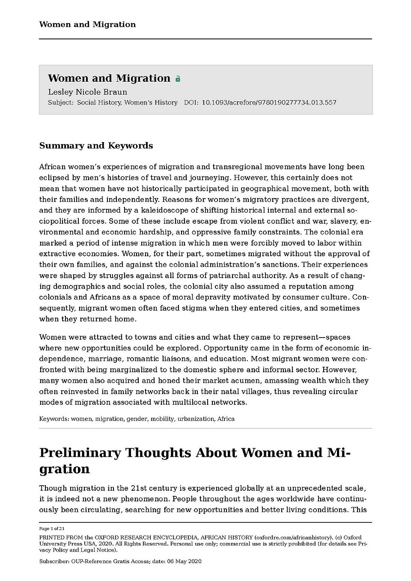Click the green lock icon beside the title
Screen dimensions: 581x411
pyautogui.click(x=178, y=79)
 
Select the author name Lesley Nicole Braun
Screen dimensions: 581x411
pyautogui.click(x=87, y=92)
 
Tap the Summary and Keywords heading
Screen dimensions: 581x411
pyautogui.click(x=96, y=145)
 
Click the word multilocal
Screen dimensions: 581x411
pyautogui.click(x=192, y=402)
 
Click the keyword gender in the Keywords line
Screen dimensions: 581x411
pyautogui.click(x=137, y=419)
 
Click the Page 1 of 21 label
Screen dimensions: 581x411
pyautogui.click(x=52, y=529)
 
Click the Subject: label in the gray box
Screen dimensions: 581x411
pyautogui.click(x=61, y=103)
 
